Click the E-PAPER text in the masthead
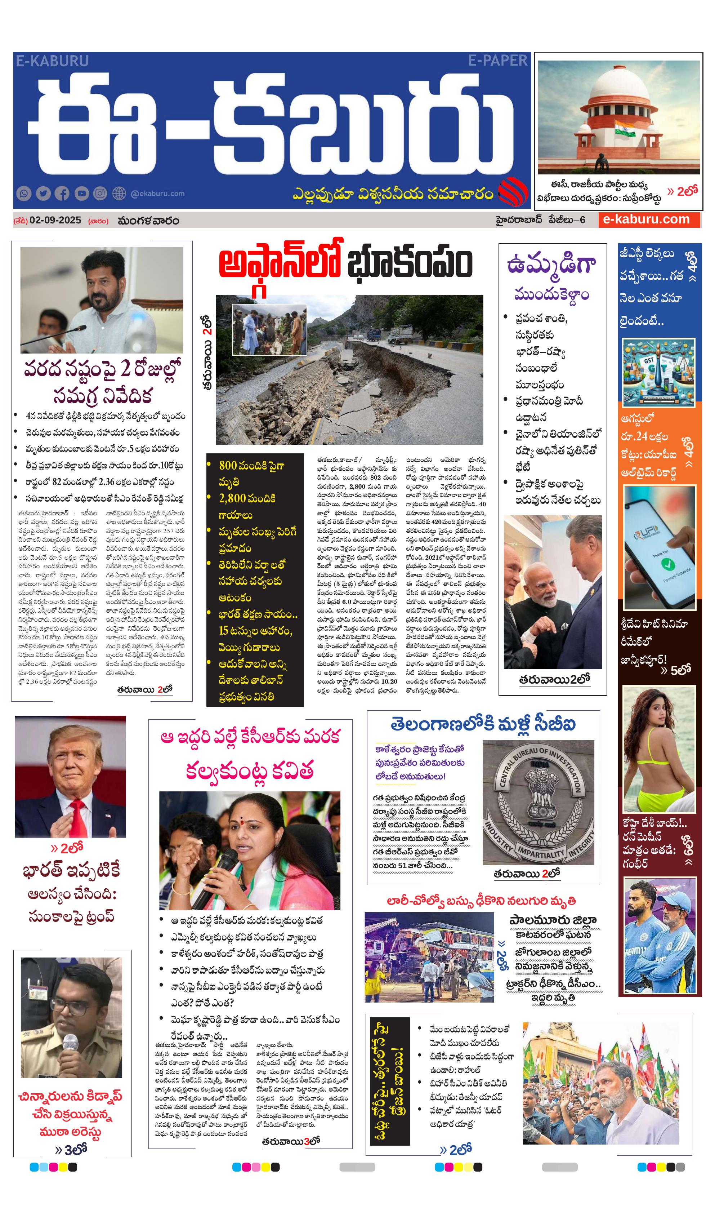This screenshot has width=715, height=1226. [x=497, y=61]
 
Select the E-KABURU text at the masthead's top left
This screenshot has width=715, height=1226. [x=52, y=61]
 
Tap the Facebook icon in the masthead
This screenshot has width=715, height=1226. [x=62, y=194]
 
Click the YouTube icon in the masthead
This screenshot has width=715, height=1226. [x=81, y=194]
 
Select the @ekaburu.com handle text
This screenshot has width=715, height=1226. [x=158, y=194]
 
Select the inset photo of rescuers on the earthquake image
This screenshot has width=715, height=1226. [x=269, y=330]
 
